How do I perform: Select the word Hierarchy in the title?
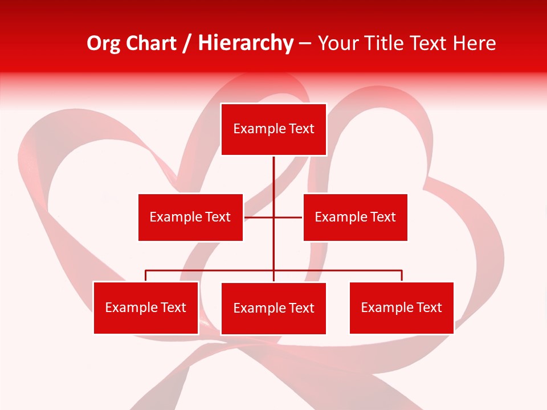[x=245, y=43]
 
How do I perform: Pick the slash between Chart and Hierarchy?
[x=187, y=43]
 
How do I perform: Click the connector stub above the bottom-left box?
[x=146, y=276]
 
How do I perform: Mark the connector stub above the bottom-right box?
[x=402, y=276]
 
